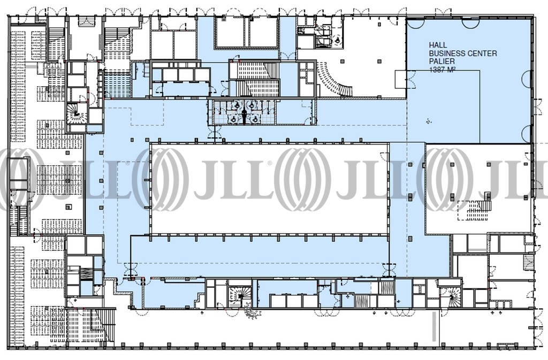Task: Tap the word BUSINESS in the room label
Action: [x=447, y=53]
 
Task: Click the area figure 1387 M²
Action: [x=442, y=70]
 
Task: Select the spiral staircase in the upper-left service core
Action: [x=76, y=113]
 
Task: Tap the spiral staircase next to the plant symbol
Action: [x=240, y=296]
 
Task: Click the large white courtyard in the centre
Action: [x=269, y=188]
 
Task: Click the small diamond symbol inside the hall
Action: [x=429, y=121]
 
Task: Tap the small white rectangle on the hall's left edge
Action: [x=401, y=79]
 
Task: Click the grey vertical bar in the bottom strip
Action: [x=435, y=332]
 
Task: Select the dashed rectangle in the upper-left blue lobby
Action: [x=147, y=112]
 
